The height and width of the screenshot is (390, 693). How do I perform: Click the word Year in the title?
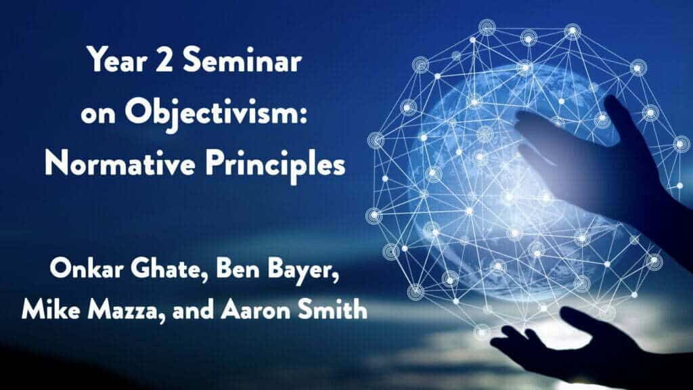point(114,60)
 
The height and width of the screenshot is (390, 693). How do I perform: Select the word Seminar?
point(242,60)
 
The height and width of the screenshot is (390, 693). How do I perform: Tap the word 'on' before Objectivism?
point(98,114)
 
